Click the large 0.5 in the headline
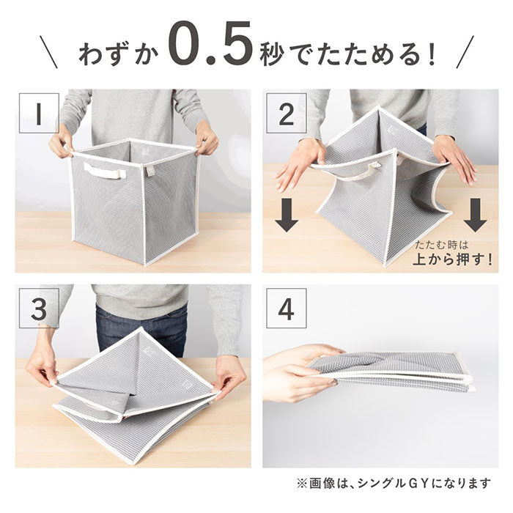point(211,43)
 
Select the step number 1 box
point(39,113)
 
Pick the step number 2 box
point(287,113)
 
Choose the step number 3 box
point(39,309)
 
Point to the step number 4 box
point(287,309)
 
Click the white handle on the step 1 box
point(105,171)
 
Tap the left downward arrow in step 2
point(287,215)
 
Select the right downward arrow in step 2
point(476,215)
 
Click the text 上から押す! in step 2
point(453,259)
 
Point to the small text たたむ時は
point(442,245)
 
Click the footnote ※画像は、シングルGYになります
point(394,483)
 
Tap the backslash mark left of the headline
point(49,52)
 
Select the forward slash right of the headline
point(465,52)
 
